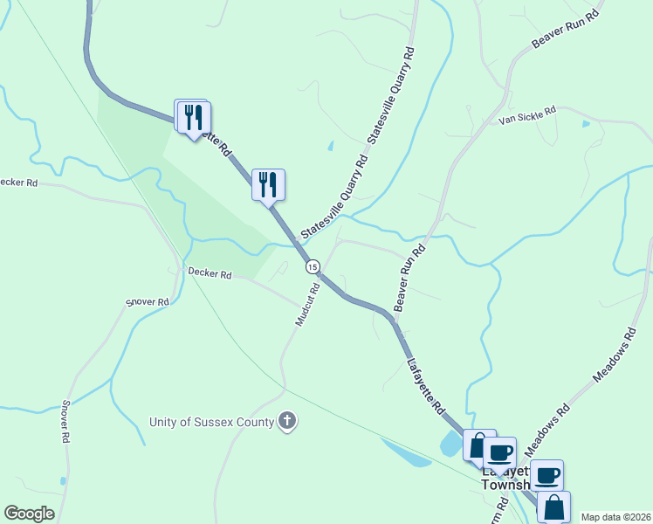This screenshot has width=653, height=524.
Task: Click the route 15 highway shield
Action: (x=313, y=265)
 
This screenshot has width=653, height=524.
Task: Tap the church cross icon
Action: (x=287, y=422)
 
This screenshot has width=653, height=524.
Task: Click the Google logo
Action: (x=30, y=514)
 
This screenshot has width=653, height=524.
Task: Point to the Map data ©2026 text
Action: (x=615, y=517)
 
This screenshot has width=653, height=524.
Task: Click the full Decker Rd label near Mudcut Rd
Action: (x=210, y=274)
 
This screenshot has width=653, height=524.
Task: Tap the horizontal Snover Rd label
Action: (x=147, y=302)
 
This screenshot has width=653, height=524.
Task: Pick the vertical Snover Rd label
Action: (x=65, y=422)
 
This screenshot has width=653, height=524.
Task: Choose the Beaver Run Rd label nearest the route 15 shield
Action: (x=409, y=278)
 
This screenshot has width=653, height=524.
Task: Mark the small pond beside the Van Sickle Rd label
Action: (x=586, y=124)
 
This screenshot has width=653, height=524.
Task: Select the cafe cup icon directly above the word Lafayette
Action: (x=499, y=452)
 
